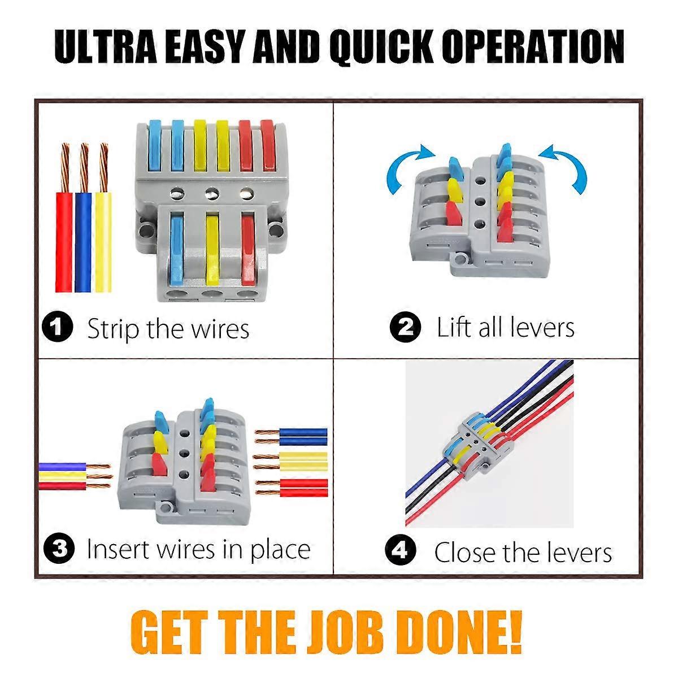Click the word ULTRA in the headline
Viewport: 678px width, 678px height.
pos(105,47)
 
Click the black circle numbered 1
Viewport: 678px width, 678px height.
pos(58,327)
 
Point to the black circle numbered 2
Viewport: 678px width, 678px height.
pos(405,327)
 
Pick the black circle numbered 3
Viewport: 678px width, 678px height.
pos(59,549)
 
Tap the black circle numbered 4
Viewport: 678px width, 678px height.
pos(401,550)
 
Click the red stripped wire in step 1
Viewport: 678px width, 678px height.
pos(64,218)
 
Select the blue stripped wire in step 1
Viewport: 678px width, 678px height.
pos(84,218)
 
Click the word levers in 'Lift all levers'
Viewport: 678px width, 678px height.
pos(542,327)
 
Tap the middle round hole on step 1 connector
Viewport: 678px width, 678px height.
pos(212,193)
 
